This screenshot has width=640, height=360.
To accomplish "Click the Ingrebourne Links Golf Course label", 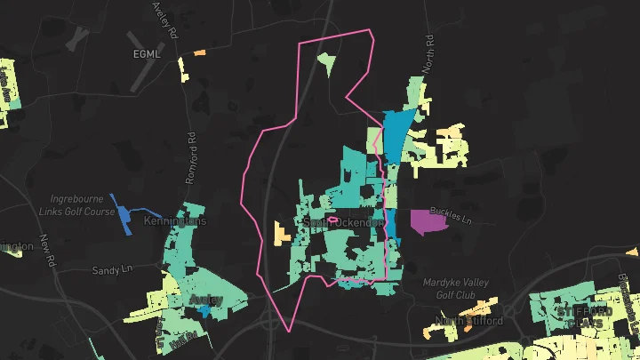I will (83, 205).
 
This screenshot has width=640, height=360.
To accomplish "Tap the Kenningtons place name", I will (174, 220).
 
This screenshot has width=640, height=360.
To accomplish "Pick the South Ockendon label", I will (342, 222).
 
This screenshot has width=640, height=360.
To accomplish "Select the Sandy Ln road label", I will (111, 268).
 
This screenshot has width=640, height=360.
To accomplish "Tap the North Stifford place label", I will (469, 320).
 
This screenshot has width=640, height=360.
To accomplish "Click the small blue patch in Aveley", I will (207, 311).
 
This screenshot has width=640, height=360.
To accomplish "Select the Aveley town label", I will (206, 300).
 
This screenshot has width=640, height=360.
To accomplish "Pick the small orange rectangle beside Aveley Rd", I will (200, 52).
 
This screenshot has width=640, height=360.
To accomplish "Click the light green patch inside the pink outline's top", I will (327, 63).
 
